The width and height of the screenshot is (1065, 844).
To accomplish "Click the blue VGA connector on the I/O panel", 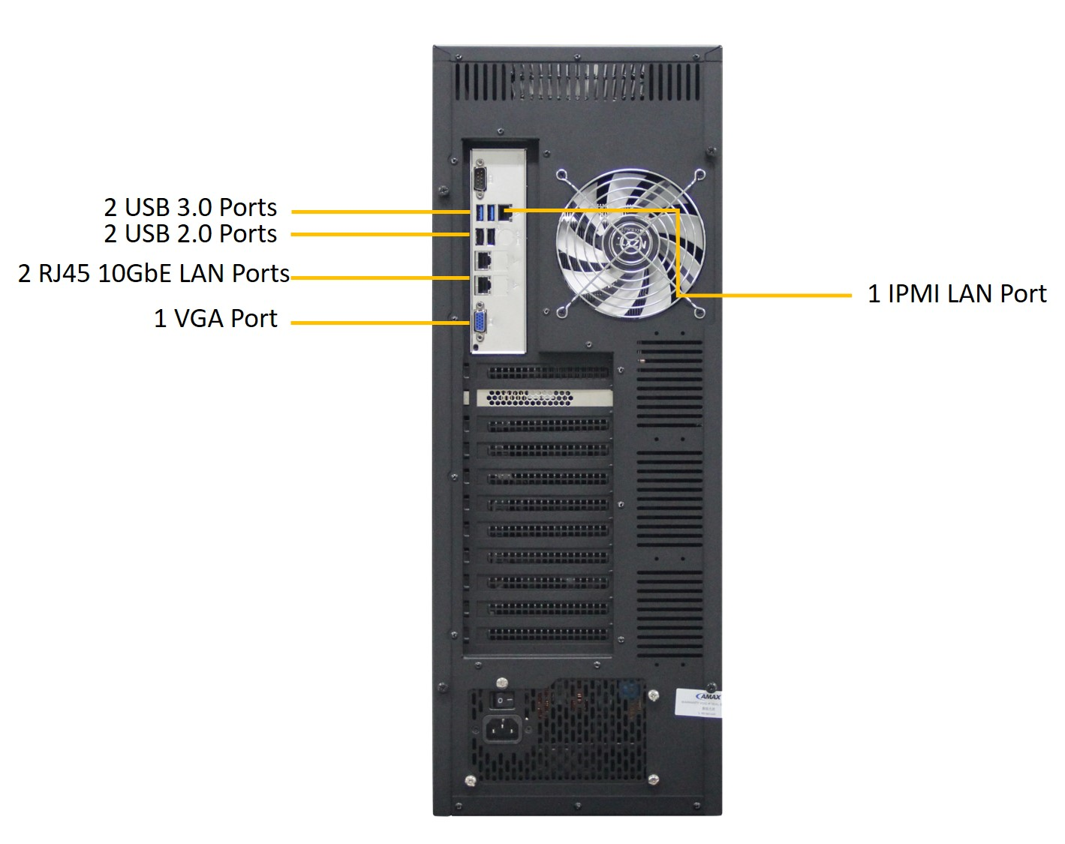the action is pyautogui.click(x=479, y=323).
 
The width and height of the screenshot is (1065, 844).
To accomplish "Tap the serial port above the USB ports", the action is pyautogui.click(x=479, y=181).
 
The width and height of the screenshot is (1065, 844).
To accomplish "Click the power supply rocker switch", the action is pyautogui.click(x=503, y=700).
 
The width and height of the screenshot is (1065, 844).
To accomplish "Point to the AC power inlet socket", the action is pyautogui.click(x=501, y=728).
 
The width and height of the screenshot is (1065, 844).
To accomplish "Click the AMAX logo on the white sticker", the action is pyautogui.click(x=708, y=696).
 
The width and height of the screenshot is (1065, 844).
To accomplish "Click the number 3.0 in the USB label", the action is pyautogui.click(x=194, y=208).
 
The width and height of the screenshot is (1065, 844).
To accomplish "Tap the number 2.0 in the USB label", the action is pyautogui.click(x=194, y=234).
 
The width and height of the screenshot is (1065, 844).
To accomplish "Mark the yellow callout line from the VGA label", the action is pyautogui.click(x=375, y=323).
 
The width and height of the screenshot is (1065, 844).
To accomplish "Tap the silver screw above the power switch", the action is pyautogui.click(x=501, y=682).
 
